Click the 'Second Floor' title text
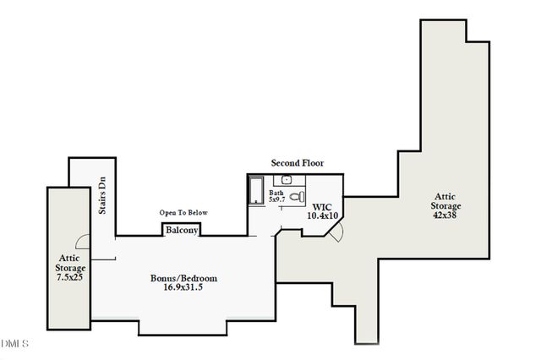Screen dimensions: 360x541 (x=297, y=162)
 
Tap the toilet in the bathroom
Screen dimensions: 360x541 (x=296, y=197)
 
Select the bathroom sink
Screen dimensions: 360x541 (x=287, y=179)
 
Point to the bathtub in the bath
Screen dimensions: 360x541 (x=256, y=190)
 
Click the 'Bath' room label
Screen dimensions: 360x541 (x=276, y=193)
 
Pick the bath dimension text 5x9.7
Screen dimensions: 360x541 (x=277, y=201)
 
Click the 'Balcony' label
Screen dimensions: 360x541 (x=182, y=231)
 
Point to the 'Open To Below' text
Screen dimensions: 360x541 (x=183, y=213)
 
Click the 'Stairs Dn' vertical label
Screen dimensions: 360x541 (x=101, y=195)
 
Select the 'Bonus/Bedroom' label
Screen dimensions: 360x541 (x=184, y=278)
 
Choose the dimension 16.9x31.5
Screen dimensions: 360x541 (x=184, y=288)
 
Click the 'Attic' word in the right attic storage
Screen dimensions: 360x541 (x=446, y=194)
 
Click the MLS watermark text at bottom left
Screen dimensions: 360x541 (x=14, y=344)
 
